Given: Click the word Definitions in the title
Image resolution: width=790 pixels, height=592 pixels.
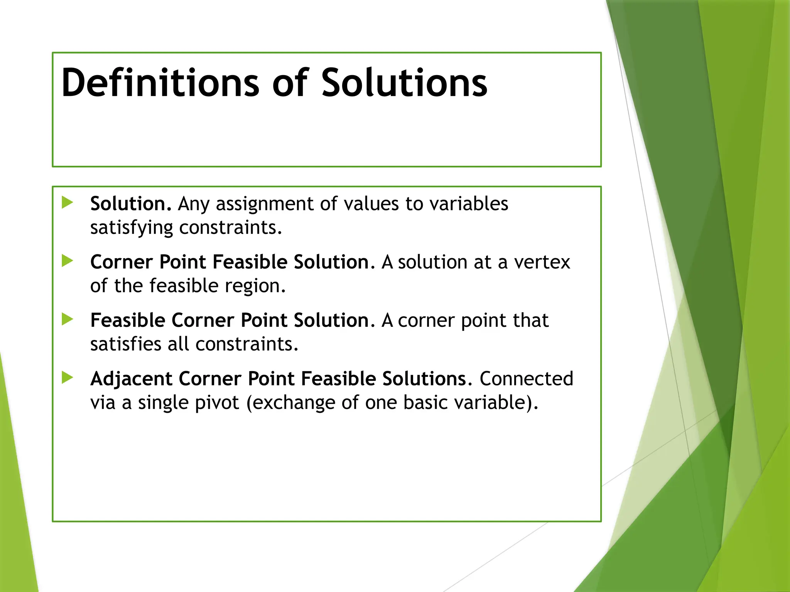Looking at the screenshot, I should pos(160,83).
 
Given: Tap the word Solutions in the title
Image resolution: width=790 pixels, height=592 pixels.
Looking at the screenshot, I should pos(404,83).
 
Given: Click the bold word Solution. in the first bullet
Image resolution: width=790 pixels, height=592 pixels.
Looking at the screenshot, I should pos(130,203).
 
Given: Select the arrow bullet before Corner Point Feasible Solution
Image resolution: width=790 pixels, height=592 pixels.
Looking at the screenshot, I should pos(68,261).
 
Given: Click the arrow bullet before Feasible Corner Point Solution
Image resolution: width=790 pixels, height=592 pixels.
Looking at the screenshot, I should pos(68,319).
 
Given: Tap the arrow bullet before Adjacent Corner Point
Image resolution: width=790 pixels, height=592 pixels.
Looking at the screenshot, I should pos(68,378).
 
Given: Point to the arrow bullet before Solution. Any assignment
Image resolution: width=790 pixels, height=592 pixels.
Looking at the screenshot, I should pos(68,202).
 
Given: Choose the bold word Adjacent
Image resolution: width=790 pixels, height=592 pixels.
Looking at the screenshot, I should pos(131,379).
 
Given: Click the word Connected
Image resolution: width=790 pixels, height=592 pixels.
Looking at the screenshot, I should pos(526,379).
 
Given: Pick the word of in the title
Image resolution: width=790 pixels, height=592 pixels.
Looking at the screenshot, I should pos(290,83).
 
